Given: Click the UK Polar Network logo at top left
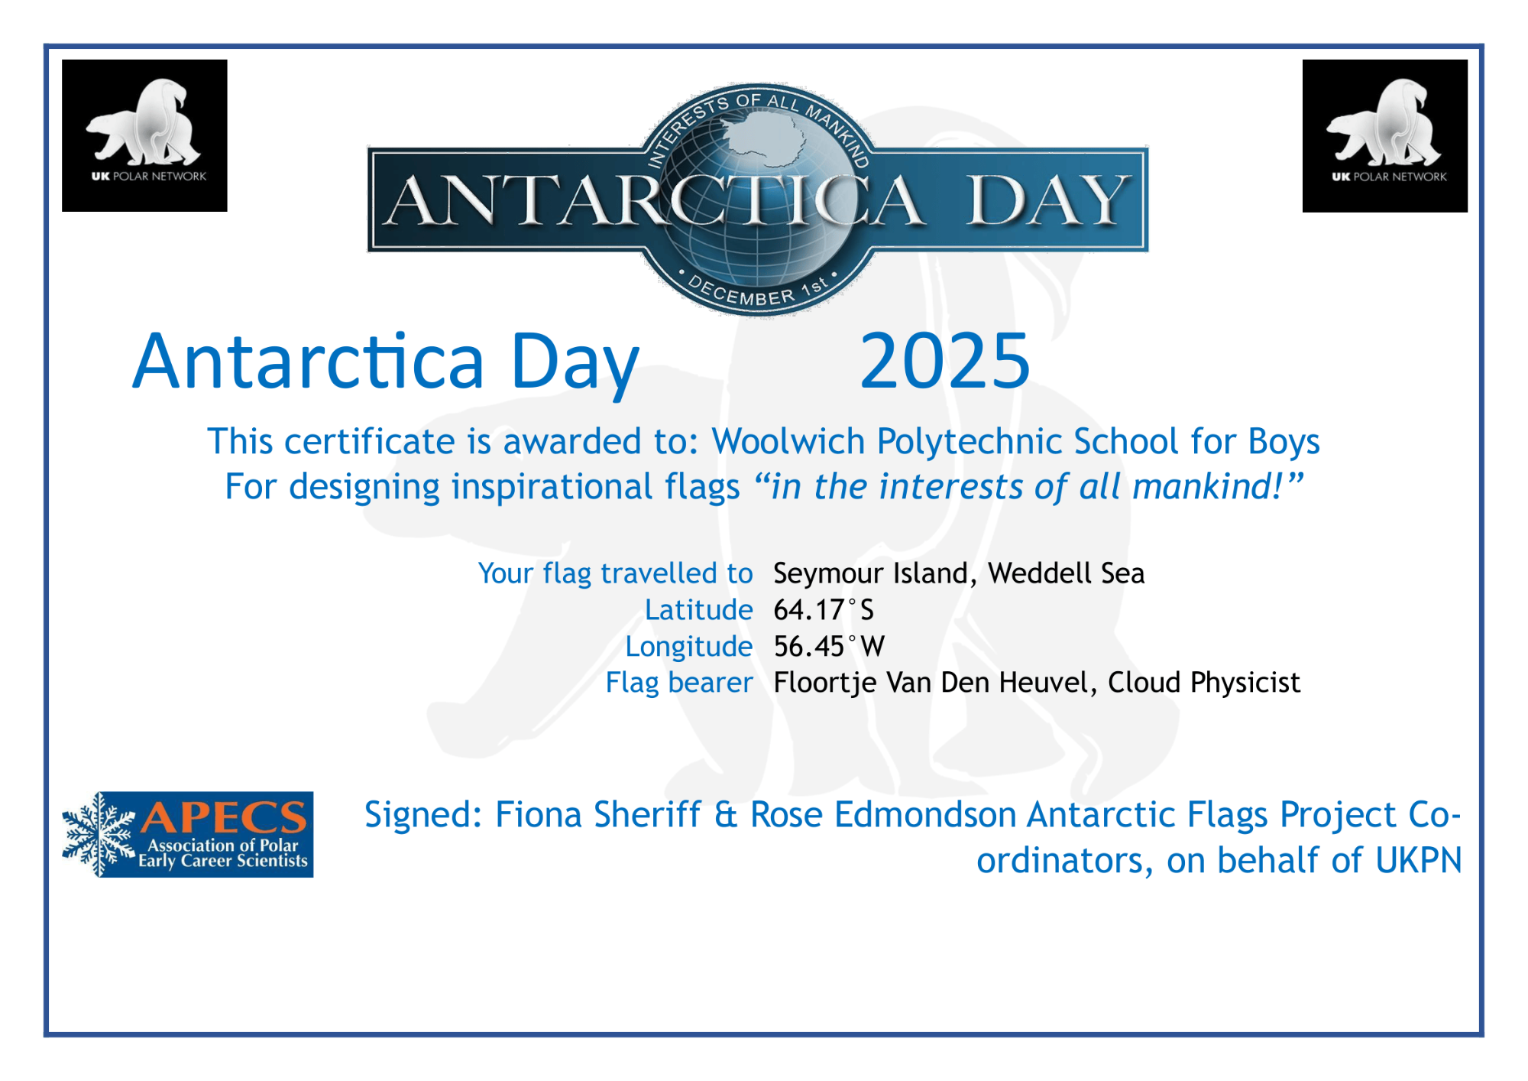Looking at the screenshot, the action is (x=144, y=135).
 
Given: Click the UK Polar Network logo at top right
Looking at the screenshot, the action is (x=1384, y=135).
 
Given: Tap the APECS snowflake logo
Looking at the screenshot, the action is (x=187, y=834).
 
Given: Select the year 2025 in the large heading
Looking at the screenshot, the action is (x=945, y=361).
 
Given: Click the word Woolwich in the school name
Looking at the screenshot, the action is (x=788, y=442).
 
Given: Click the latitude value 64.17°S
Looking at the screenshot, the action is (x=824, y=610).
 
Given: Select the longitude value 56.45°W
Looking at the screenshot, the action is (x=829, y=647).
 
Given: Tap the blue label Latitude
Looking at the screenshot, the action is (x=699, y=610).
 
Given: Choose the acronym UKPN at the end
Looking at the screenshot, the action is (x=1418, y=861).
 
